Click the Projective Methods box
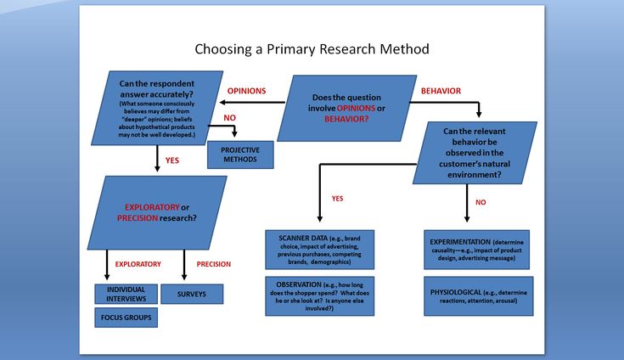pos(240,155)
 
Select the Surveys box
pos(192,294)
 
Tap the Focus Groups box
pos(126,318)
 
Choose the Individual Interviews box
pos(126,294)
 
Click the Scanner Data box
pos(319,250)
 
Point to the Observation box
pos(319,296)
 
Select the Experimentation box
pos(476,250)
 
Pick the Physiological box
pos(478,296)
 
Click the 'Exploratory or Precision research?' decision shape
pos(157,213)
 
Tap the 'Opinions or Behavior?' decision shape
pos(346,108)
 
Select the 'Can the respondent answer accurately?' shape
pos(157,108)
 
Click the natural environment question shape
pos(475,153)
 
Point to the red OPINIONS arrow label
pos(246,91)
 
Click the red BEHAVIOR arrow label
pos(441,91)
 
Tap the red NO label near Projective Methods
pos(229,118)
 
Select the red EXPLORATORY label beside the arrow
pos(138,264)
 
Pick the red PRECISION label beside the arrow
pos(214,264)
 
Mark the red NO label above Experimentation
pos(481,202)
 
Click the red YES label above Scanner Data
pos(338,199)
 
